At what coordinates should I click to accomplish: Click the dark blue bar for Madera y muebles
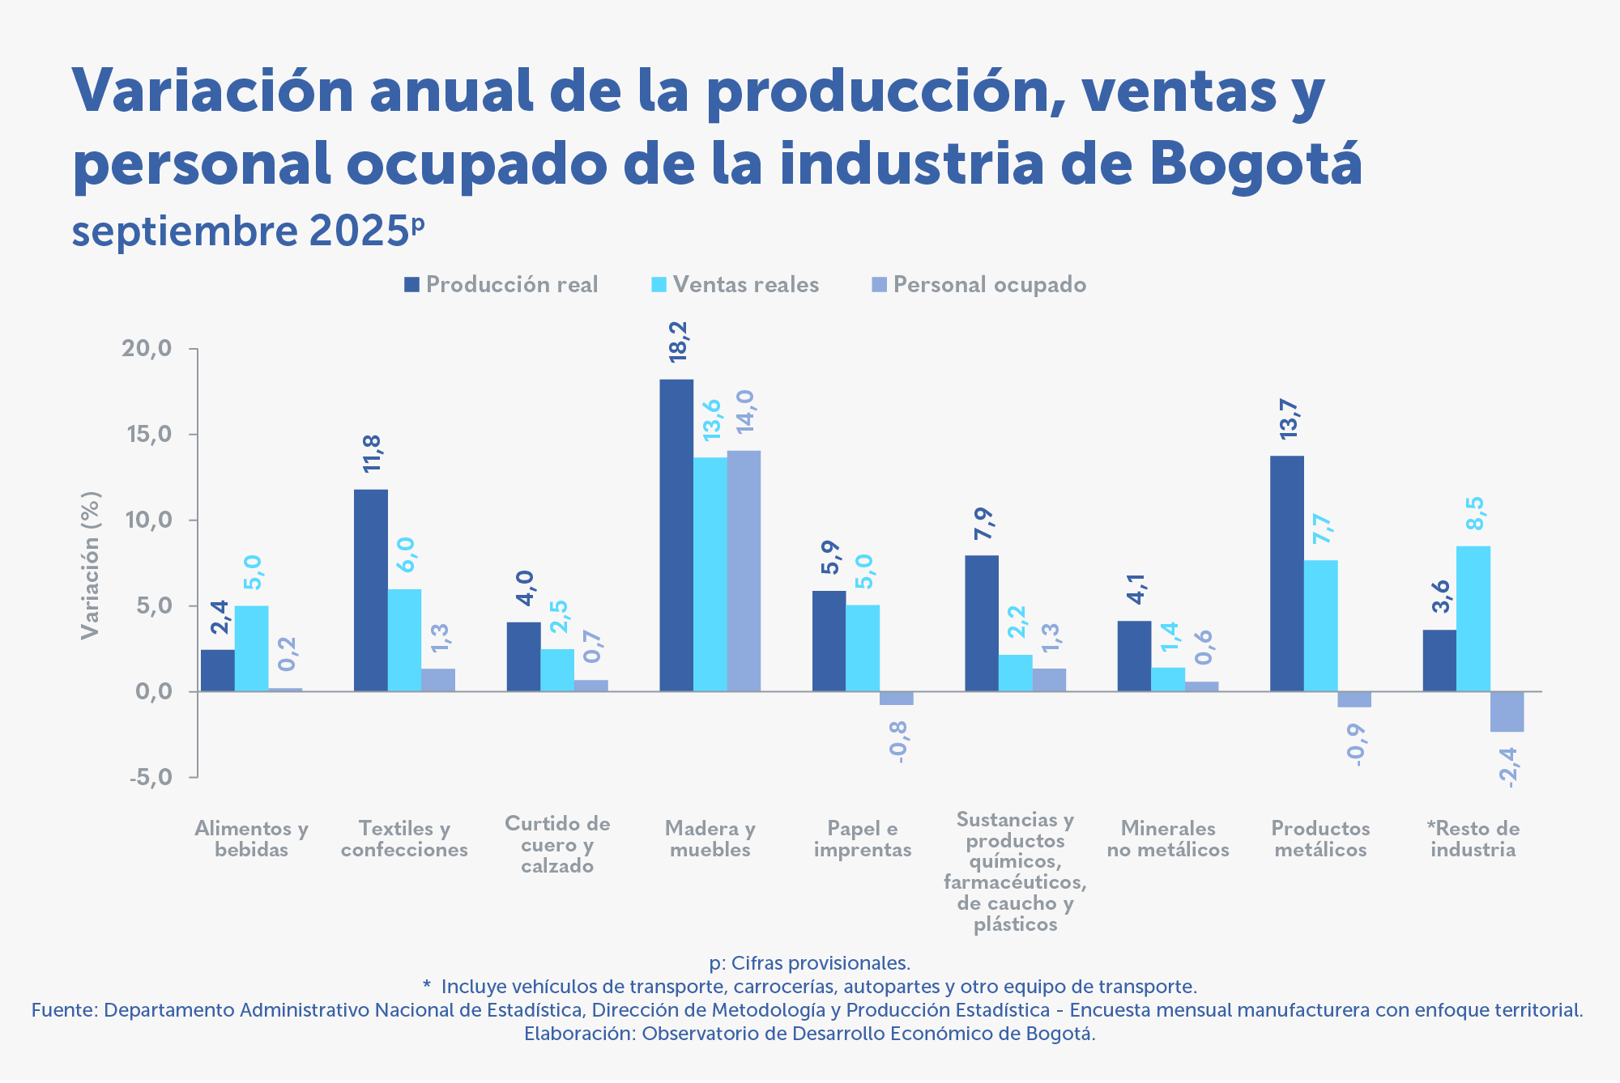676,535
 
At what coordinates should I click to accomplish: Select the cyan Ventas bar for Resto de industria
1473,618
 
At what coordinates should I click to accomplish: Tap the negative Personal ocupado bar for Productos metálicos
1354,699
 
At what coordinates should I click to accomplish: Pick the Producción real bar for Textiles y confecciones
371,590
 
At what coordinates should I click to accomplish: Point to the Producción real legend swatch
412,285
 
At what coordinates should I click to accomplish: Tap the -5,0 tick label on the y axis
151,778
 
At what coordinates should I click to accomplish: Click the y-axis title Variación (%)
90,565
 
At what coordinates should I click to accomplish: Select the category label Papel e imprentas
863,839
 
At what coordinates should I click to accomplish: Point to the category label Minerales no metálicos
1168,839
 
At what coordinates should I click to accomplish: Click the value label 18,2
678,341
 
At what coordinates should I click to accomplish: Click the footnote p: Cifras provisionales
810,963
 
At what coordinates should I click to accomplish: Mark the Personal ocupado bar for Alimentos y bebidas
285,690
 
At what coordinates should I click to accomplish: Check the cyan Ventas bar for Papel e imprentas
863,648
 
